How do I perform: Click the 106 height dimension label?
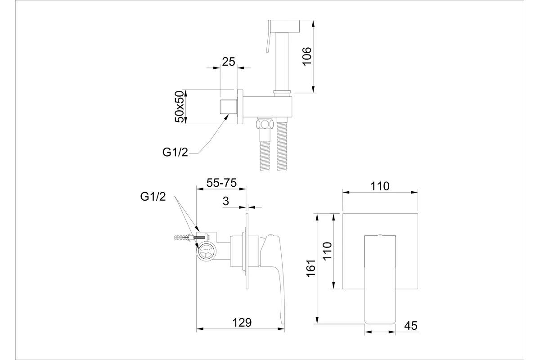[307, 56]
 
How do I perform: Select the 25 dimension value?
[228, 62]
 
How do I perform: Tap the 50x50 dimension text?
[180, 107]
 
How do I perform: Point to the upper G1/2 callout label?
[175, 153]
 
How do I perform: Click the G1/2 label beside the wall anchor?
[153, 197]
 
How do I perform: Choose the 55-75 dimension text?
[221, 183]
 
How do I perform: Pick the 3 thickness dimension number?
[225, 201]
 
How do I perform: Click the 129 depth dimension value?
[242, 322]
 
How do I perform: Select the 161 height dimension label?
[311, 268]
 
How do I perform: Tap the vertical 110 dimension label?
[327, 251]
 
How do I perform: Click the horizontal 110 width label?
[380, 186]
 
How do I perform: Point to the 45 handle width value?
[411, 326]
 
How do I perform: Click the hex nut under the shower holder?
[265, 124]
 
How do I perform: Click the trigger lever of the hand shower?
[268, 36]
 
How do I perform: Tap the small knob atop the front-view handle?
[380, 234]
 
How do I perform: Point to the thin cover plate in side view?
[247, 251]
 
